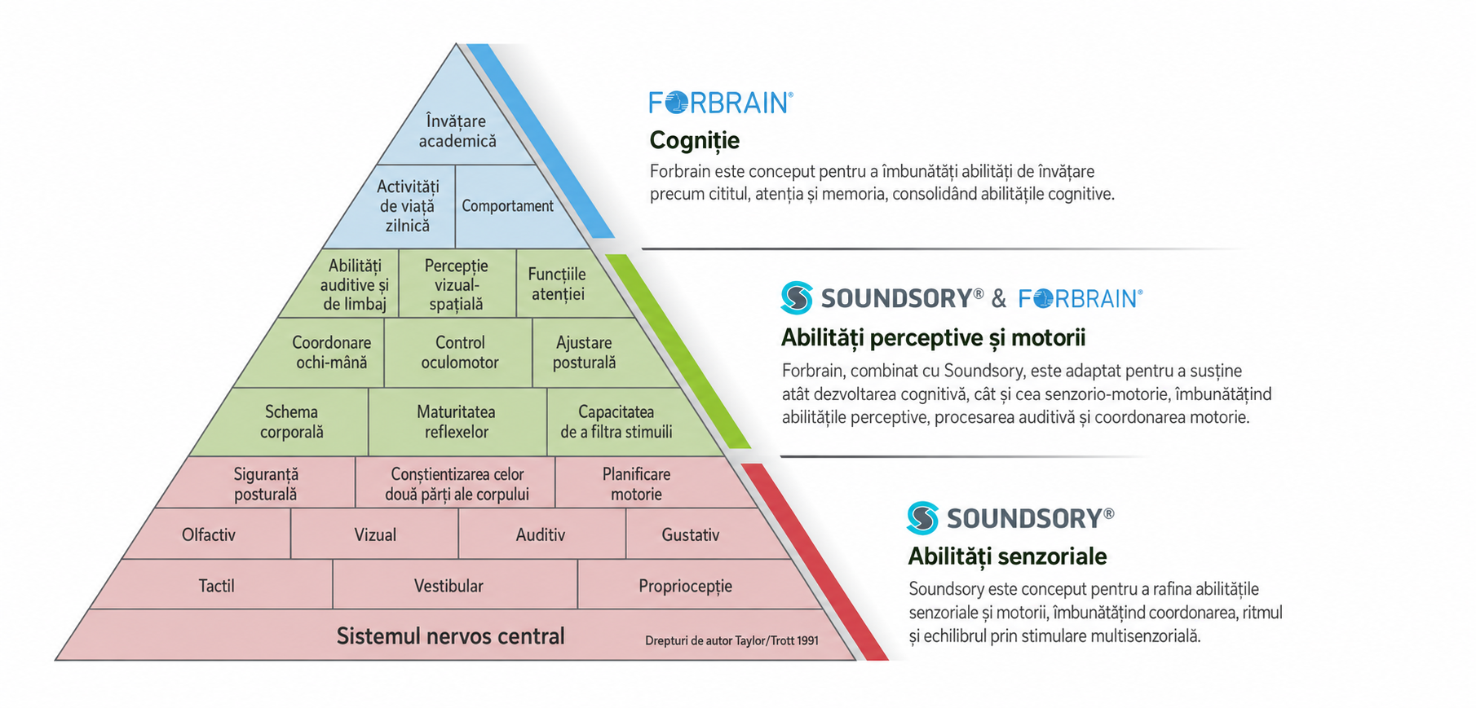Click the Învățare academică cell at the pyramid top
click(x=457, y=130)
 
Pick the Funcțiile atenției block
click(x=563, y=284)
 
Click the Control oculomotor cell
click(x=459, y=353)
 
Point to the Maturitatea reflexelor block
click(x=457, y=422)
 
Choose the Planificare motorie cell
click(x=644, y=484)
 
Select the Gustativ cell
click(x=697, y=534)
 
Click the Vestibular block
click(x=454, y=585)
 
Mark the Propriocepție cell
click(x=693, y=585)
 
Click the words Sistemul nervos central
click(x=450, y=636)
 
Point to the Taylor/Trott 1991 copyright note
click(x=731, y=641)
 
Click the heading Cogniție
click(x=694, y=141)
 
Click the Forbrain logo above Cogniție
click(x=721, y=103)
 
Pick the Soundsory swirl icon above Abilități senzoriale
click(x=923, y=518)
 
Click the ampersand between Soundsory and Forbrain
click(x=999, y=299)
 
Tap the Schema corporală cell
click(x=285, y=422)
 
